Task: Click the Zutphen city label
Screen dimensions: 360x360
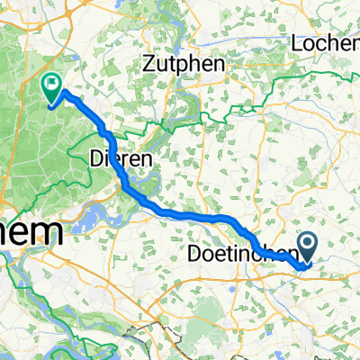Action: [182, 64]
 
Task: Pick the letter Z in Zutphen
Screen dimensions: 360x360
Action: [150, 64]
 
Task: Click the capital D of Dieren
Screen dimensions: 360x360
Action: [96, 157]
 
